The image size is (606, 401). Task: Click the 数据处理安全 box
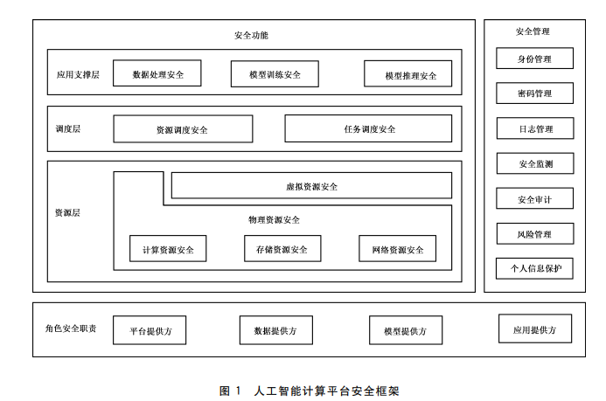click(x=157, y=73)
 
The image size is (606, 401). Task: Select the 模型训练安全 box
click(x=275, y=73)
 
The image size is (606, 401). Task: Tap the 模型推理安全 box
click(x=407, y=74)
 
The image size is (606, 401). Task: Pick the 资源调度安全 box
click(x=183, y=128)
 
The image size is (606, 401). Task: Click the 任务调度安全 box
click(x=368, y=128)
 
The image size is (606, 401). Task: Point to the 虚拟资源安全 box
click(x=311, y=185)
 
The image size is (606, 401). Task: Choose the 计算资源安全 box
click(x=169, y=249)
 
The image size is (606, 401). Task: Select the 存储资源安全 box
click(x=282, y=249)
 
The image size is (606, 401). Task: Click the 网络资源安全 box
click(x=397, y=249)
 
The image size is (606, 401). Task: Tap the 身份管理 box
click(x=534, y=59)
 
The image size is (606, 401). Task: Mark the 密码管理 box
click(x=534, y=93)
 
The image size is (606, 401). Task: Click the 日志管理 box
click(x=534, y=128)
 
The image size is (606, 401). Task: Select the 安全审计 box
click(x=534, y=198)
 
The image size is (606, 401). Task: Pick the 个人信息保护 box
click(x=534, y=267)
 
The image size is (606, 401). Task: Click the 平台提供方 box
click(x=150, y=330)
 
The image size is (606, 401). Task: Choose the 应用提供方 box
click(x=535, y=328)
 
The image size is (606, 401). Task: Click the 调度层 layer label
click(x=67, y=128)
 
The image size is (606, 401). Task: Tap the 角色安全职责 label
click(x=71, y=328)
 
